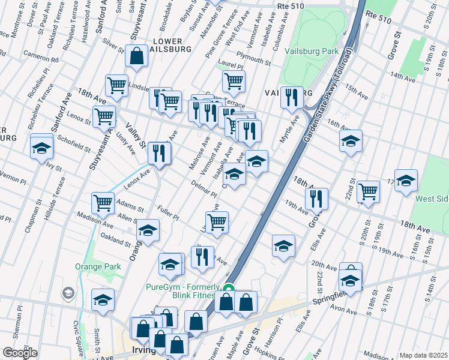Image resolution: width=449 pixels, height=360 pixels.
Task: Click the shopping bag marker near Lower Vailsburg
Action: pos(137,56)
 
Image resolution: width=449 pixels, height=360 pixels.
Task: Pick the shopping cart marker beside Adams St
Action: pos(103,203)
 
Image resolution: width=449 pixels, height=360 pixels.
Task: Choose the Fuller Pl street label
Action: pos(167,213)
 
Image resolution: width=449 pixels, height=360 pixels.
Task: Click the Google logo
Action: pos(20,353)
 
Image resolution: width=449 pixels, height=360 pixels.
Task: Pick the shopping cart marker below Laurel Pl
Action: pos(234,80)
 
